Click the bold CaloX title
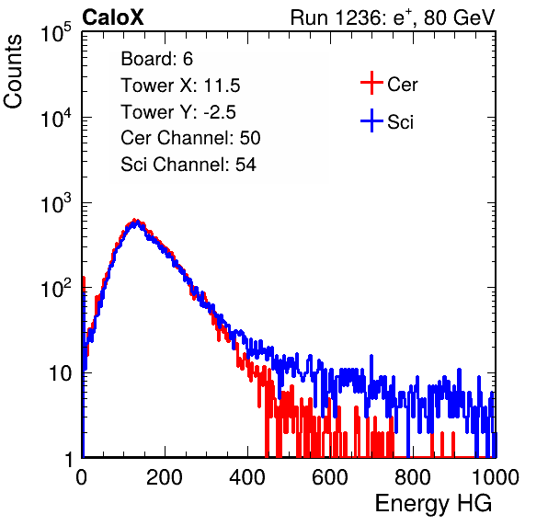point(113,17)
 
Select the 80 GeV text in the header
point(459,17)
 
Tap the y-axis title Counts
point(13,72)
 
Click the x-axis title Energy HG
point(433,504)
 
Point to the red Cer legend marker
point(371,83)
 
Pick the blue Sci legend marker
point(371,120)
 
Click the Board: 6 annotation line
point(156,59)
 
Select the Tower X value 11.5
point(222,86)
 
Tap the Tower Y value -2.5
point(220,112)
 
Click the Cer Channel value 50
point(250,138)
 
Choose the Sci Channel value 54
point(245,165)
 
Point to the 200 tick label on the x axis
point(165,477)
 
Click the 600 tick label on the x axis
point(330,477)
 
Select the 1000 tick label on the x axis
point(496,477)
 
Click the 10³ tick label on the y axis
point(56,203)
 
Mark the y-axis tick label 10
point(61,373)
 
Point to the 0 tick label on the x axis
point(82,477)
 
